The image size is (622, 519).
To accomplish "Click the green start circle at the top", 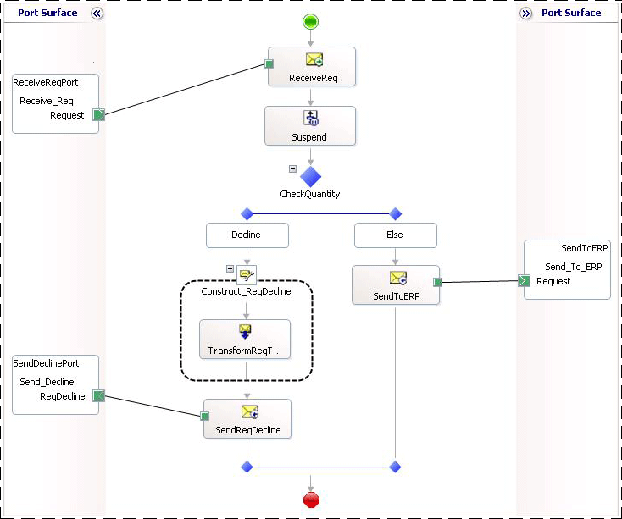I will (x=311, y=21).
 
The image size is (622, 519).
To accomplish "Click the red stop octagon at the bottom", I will (x=311, y=500).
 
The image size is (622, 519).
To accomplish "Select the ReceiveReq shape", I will (x=311, y=66).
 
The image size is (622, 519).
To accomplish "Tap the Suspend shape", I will (x=308, y=125).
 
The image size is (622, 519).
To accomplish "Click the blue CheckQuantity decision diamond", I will (x=311, y=176).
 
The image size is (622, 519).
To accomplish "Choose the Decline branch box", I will (x=246, y=235).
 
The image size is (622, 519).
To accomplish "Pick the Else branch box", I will (x=395, y=235).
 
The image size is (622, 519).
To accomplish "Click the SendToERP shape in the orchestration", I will (x=395, y=284).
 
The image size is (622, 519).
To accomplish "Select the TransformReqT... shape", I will (x=245, y=339).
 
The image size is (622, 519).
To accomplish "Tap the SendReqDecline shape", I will (x=247, y=418).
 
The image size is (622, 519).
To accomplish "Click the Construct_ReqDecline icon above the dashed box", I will (x=246, y=274).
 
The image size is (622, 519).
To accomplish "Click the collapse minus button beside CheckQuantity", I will (x=293, y=168).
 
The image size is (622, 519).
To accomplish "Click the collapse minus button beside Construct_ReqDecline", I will (x=230, y=268).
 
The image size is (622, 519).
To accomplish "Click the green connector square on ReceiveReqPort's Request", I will (x=98, y=115).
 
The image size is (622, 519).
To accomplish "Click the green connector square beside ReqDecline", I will (x=98, y=396).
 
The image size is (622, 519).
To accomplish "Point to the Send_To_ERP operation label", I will (x=573, y=267).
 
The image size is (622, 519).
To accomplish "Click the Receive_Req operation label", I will (x=47, y=101).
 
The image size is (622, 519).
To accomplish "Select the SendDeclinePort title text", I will (x=47, y=362).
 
